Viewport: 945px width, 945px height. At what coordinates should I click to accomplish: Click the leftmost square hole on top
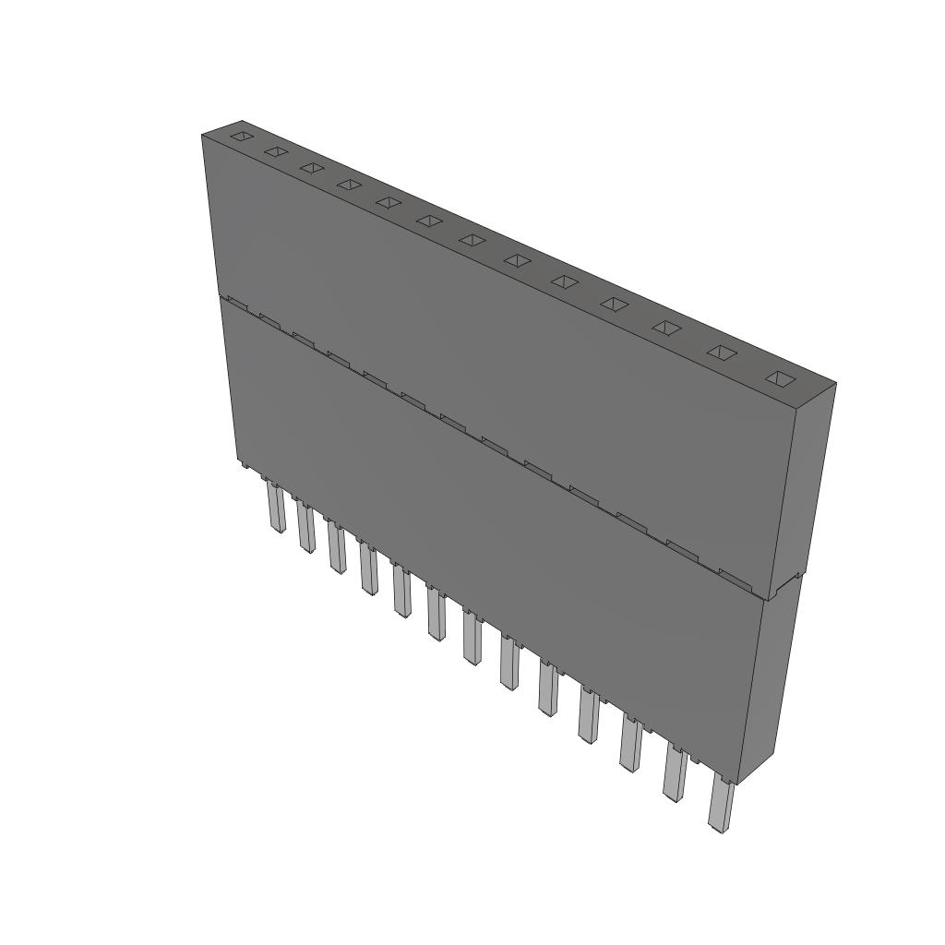(240, 137)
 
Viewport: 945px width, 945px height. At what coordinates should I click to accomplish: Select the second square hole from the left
(275, 151)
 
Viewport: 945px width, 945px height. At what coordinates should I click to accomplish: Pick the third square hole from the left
(311, 167)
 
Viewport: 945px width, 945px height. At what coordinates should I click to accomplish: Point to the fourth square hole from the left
(349, 185)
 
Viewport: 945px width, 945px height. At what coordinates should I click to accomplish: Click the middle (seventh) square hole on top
(472, 240)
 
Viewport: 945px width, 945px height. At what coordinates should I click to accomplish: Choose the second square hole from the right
(724, 352)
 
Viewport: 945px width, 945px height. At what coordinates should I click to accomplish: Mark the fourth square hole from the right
(614, 303)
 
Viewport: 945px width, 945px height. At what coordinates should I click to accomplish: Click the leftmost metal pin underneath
(277, 508)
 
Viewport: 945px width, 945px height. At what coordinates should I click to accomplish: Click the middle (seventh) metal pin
(472, 639)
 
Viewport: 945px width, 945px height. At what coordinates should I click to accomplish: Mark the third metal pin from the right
(631, 744)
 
